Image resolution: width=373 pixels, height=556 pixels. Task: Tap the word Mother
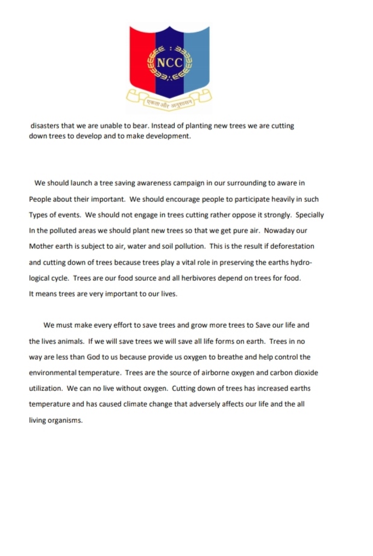point(42,247)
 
